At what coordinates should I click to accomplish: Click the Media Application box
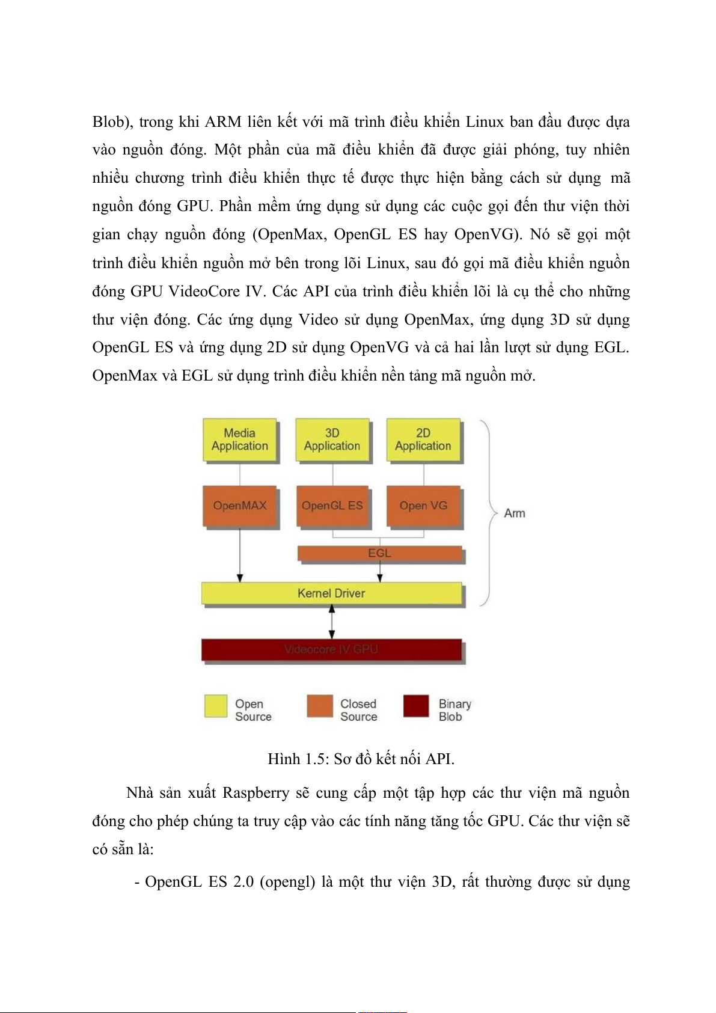point(240,440)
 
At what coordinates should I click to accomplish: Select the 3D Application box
point(332,440)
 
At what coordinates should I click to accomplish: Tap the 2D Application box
point(423,440)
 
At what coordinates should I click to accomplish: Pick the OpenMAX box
point(240,506)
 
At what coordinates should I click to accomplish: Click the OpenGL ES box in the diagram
point(332,506)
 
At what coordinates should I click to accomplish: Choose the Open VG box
point(423,506)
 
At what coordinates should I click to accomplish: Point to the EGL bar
point(380,553)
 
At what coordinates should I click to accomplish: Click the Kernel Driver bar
point(331,593)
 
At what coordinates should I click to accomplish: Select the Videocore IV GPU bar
point(331,650)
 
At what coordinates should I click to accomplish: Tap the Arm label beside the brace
point(515,513)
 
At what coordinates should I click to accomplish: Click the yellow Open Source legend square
point(216,706)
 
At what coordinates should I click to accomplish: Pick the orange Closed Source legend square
point(319,706)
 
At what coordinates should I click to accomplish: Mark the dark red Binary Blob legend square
point(416,706)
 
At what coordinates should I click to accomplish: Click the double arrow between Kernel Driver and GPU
point(332,622)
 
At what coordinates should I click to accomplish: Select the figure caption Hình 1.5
point(361,759)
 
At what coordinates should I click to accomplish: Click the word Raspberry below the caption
point(255,793)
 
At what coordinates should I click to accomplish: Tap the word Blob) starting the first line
point(112,122)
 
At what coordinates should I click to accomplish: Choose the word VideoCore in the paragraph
point(204,292)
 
